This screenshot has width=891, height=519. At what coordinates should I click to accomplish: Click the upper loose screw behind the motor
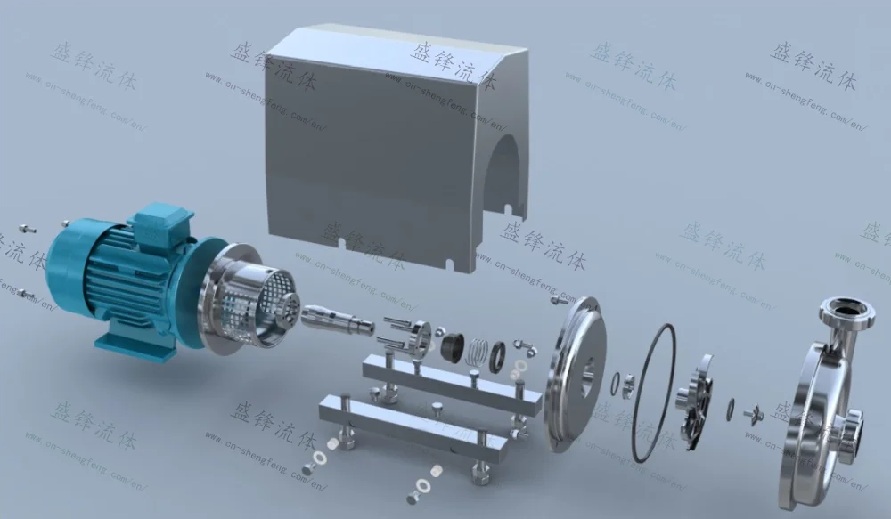[29, 230]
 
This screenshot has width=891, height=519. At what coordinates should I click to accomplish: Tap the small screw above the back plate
[559, 301]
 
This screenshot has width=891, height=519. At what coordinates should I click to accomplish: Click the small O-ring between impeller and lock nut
[731, 407]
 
